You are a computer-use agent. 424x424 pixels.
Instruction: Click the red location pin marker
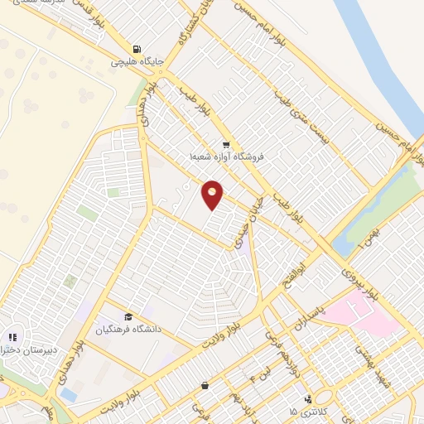[x=213, y=195]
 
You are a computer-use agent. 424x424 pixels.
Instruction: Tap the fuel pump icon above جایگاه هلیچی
[x=137, y=48]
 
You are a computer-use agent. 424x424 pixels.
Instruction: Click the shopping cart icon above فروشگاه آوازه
[x=226, y=144]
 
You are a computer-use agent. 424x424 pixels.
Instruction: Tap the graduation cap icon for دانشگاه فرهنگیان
[x=128, y=317]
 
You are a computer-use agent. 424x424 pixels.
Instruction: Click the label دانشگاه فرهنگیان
[x=127, y=330]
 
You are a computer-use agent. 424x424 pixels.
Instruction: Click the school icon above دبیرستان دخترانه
[x=12, y=337]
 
